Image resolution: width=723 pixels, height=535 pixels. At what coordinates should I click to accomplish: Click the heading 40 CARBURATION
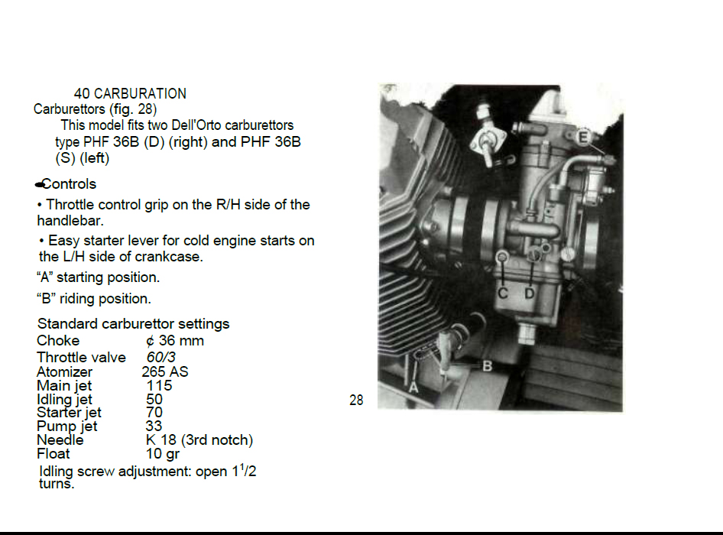(x=130, y=93)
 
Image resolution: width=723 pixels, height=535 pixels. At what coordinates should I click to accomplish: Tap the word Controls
(x=69, y=184)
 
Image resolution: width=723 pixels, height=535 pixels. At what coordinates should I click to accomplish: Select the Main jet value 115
(x=159, y=385)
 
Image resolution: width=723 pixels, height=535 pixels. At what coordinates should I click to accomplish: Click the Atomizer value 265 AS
(x=165, y=371)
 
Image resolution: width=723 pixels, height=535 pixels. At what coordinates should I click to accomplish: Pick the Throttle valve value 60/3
(x=161, y=357)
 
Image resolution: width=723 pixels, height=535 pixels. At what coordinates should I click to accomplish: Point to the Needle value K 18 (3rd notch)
(x=199, y=440)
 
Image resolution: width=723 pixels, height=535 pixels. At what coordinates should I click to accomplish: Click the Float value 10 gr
(x=163, y=454)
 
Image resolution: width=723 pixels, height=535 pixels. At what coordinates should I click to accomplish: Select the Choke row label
(x=58, y=340)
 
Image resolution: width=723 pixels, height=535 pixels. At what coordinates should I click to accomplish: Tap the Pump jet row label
(x=66, y=426)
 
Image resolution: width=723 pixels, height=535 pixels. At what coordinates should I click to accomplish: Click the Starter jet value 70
(x=154, y=412)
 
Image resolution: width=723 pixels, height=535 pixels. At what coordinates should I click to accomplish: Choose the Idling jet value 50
(x=154, y=399)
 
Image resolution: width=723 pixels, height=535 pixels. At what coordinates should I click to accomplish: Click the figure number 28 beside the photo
(x=356, y=400)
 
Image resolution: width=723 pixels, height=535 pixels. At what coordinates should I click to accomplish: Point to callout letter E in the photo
(x=583, y=138)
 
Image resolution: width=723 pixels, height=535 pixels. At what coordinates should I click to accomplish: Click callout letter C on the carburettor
(x=503, y=293)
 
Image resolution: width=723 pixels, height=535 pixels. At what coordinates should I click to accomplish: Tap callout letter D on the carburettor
(x=530, y=293)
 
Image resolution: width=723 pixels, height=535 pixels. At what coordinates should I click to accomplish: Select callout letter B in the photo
(x=488, y=366)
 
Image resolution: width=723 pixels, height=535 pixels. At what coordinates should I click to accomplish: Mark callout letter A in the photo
(x=413, y=387)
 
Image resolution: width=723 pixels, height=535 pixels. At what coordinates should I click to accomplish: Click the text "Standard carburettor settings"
(x=133, y=324)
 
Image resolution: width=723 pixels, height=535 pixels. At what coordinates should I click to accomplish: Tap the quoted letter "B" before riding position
(x=46, y=298)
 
